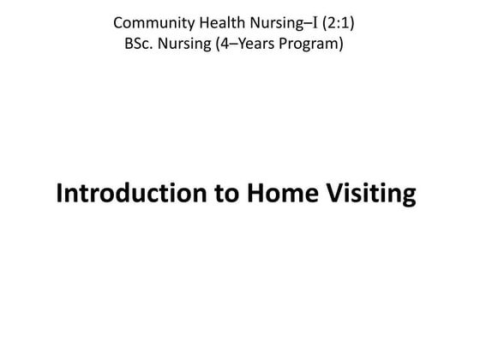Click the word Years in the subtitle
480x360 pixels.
point(258,43)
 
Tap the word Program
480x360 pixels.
point(314,43)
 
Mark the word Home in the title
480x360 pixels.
point(278,194)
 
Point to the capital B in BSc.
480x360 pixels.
point(129,43)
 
